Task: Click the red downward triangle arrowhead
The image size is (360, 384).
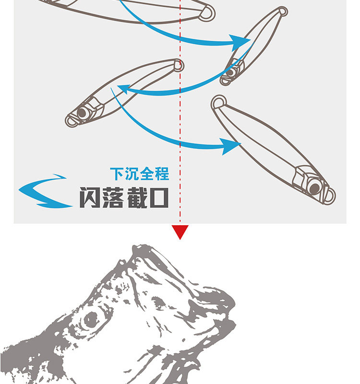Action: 180,232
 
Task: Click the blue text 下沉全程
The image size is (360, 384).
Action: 139,174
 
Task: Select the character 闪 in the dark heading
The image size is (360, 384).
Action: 90,197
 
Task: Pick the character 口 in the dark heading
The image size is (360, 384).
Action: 159,197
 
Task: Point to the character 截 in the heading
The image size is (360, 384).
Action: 136,197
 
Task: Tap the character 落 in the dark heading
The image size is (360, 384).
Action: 113,197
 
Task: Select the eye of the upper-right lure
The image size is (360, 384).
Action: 231,72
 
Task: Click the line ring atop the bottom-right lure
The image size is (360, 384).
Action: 219,102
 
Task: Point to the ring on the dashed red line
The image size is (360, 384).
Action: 179,65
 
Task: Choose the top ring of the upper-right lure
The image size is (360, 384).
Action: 283,12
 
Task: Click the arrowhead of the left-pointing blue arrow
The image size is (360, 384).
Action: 123,89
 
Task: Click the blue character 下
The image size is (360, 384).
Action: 116,174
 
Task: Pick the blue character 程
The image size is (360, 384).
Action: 162,174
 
